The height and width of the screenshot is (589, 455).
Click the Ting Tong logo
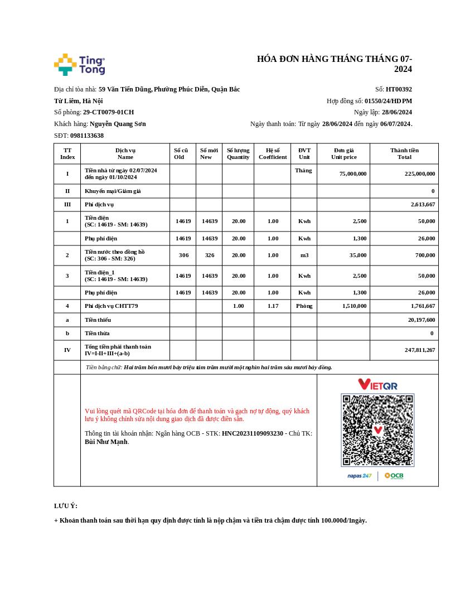tap(79, 65)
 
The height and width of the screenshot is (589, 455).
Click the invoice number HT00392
tap(399, 89)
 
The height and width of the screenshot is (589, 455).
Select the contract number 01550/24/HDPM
tap(388, 101)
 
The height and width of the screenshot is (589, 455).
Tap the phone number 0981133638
tap(86, 136)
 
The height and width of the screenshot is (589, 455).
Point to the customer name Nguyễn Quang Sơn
tap(118, 124)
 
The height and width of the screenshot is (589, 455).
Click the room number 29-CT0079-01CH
tap(108, 112)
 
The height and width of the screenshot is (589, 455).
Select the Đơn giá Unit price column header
tap(343, 153)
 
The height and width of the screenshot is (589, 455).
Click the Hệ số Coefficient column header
tap(273, 153)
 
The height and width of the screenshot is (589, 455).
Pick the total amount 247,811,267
tap(420, 350)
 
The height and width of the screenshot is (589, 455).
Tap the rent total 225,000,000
tap(420, 174)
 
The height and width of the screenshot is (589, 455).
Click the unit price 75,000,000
tap(353, 174)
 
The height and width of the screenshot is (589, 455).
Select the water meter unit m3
tap(304, 255)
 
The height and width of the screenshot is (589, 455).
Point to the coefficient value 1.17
tap(273, 306)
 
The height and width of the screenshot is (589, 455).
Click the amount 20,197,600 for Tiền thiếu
tap(422, 320)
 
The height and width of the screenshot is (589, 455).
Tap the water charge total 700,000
tap(424, 255)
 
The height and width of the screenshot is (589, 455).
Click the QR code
tap(377, 429)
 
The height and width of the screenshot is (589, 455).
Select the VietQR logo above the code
tap(377, 384)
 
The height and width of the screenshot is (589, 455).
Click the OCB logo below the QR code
tap(394, 476)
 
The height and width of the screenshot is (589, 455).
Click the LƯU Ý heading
tap(66, 506)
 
